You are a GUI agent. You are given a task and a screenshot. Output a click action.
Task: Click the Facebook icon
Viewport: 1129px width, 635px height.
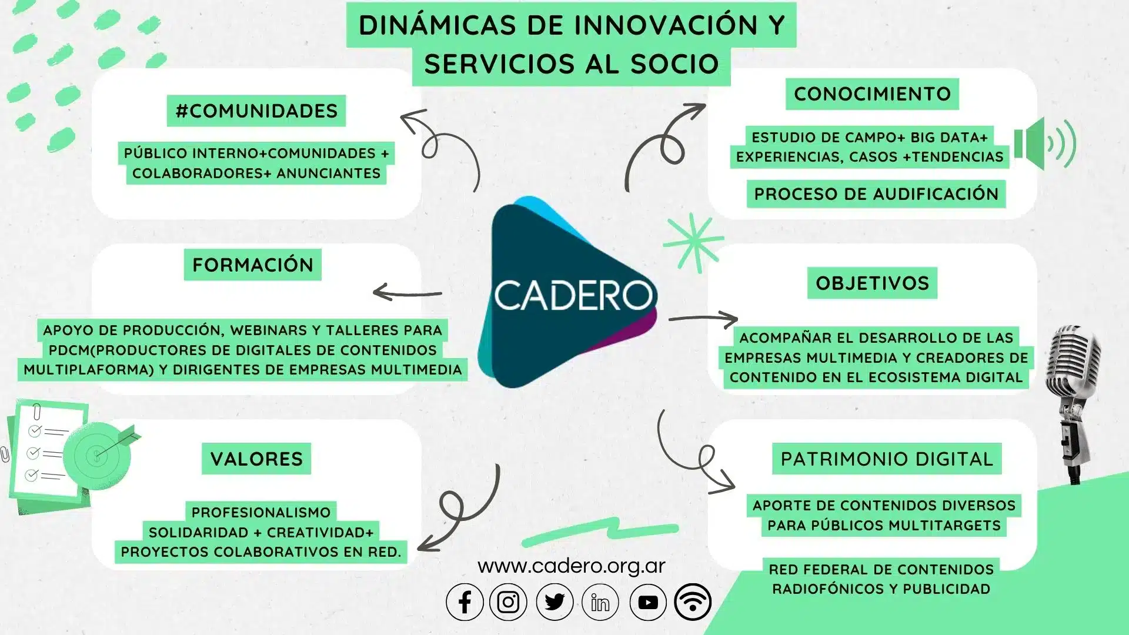(465, 602)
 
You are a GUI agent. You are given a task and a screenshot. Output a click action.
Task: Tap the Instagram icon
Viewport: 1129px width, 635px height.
(508, 602)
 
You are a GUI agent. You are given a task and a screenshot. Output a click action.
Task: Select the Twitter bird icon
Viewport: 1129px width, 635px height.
(555, 602)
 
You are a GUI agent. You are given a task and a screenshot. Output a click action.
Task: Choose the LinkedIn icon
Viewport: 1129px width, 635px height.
(600, 602)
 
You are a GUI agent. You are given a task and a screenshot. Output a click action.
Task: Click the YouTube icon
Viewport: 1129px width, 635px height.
(648, 602)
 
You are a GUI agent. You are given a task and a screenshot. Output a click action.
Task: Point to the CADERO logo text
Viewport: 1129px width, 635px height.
(573, 295)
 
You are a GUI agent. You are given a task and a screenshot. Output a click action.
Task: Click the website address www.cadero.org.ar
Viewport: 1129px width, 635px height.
(572, 566)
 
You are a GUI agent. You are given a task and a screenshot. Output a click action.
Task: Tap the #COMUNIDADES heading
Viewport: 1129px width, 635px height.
(256, 111)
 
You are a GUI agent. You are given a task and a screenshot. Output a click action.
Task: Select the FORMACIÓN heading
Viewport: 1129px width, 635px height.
(253, 265)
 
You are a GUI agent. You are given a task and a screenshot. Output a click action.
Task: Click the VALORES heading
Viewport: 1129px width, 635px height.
(256, 459)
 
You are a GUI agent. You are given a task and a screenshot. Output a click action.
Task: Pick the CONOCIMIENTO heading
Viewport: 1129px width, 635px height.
(872, 94)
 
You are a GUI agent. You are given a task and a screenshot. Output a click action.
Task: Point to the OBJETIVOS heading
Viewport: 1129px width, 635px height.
(872, 283)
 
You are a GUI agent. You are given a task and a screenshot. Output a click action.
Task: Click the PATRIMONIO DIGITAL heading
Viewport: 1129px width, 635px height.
(887, 459)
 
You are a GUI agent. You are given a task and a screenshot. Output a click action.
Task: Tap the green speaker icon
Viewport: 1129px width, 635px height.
(1044, 143)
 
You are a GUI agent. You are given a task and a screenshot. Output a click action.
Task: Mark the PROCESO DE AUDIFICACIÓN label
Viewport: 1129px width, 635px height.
(876, 194)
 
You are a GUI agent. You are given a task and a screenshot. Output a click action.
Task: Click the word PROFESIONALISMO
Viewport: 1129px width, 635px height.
(261, 512)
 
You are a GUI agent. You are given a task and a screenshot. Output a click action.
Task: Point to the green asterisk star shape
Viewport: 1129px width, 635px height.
(694, 242)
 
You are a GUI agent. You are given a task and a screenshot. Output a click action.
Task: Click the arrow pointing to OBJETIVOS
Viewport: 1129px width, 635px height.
(703, 318)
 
